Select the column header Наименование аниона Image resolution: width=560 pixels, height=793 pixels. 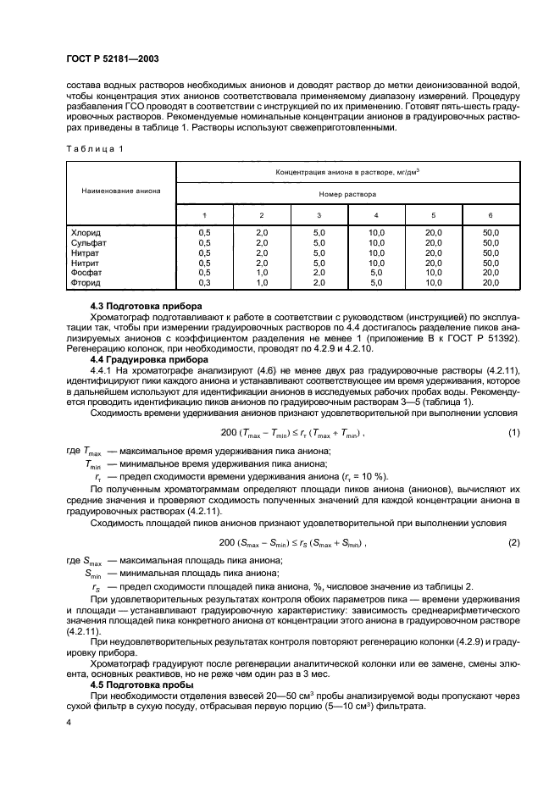click(x=119, y=191)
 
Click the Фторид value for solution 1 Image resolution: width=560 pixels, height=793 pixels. click(x=203, y=283)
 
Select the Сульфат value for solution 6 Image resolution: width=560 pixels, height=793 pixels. click(x=491, y=241)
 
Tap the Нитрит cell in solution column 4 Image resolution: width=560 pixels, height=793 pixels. click(x=375, y=263)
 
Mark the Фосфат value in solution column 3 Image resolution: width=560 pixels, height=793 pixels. click(x=318, y=273)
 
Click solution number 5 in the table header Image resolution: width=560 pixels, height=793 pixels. click(x=433, y=215)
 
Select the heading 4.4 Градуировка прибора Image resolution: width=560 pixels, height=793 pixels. click(x=150, y=358)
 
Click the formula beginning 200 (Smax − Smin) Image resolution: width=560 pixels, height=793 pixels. click(x=292, y=542)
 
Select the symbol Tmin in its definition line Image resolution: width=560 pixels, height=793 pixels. click(x=95, y=464)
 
